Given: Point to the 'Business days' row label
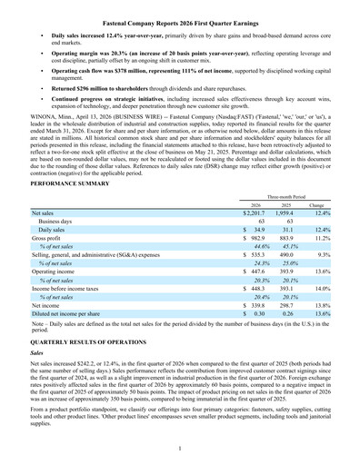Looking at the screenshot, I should point(55,221).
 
